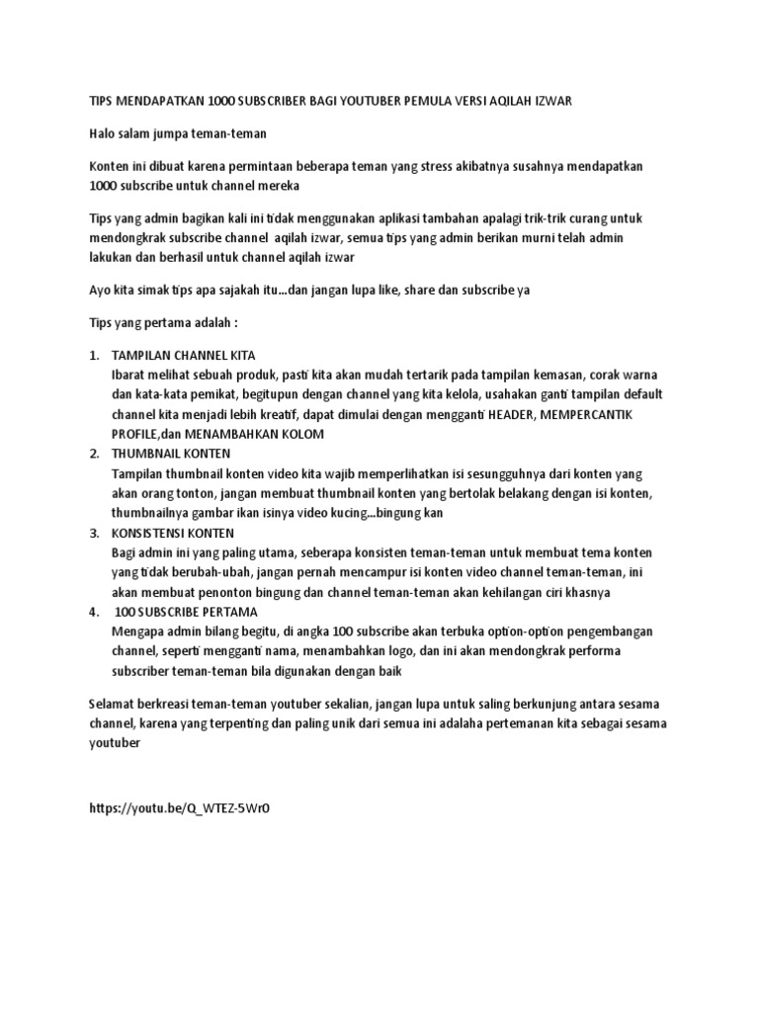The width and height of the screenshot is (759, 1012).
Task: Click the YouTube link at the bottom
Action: (179, 807)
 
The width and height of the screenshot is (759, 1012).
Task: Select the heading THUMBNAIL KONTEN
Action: (171, 453)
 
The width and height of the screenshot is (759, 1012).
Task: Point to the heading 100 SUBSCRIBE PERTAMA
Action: (187, 612)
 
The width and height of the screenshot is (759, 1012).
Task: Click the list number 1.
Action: (93, 354)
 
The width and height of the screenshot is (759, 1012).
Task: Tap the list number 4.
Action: (93, 612)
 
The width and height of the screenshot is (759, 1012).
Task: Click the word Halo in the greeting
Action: (104, 132)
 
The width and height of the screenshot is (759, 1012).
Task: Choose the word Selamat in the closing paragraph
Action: (114, 703)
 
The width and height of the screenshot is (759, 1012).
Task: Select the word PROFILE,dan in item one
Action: (155, 434)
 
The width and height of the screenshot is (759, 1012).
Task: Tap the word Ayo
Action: (102, 290)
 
